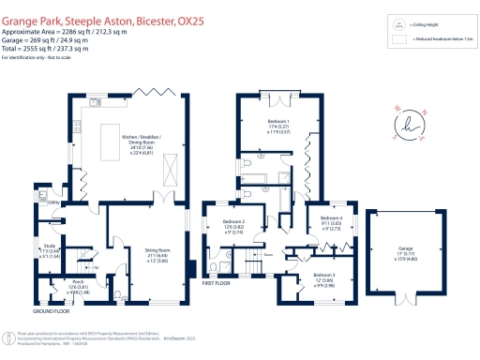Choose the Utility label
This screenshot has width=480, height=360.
(53, 202)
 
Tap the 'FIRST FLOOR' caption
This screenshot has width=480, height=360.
(215, 281)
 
